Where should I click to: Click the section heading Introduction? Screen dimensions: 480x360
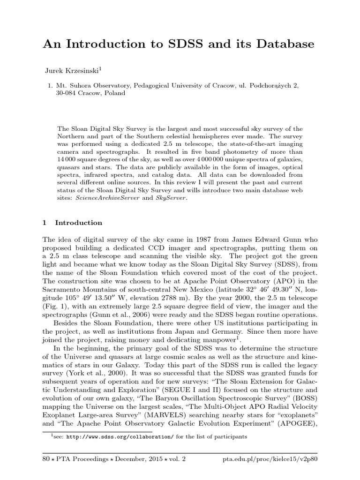click(x=78, y=223)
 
